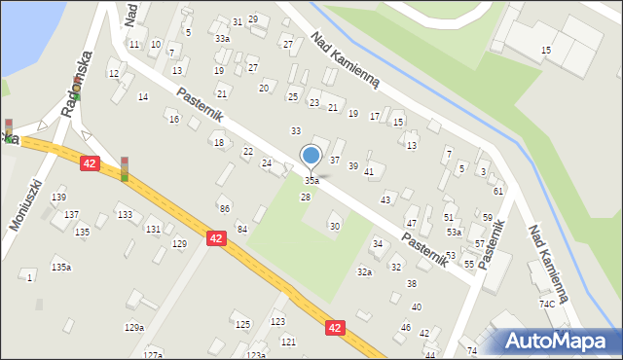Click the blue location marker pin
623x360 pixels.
pyautogui.click(x=311, y=156)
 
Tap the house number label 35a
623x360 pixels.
pyautogui.click(x=311, y=181)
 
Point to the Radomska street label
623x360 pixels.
pyautogui.click(x=75, y=89)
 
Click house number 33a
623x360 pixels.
pyautogui.click(x=223, y=38)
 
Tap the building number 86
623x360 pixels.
pyautogui.click(x=224, y=209)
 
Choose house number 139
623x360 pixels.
pyautogui.click(x=58, y=198)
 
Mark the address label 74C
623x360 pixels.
pyautogui.click(x=547, y=304)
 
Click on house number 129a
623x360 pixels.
pyautogui.click(x=134, y=328)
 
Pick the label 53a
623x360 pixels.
pyautogui.click(x=454, y=232)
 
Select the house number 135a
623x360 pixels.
pyautogui.click(x=61, y=267)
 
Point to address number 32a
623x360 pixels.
pyautogui.click(x=364, y=272)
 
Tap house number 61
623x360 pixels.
pyautogui.click(x=497, y=192)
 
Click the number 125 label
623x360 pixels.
pyautogui.click(x=242, y=324)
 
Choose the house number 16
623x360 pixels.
pyautogui.click(x=173, y=119)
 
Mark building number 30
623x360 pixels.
pyautogui.click(x=335, y=226)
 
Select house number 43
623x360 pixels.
pyautogui.click(x=385, y=199)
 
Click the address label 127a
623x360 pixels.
pyautogui.click(x=152, y=355)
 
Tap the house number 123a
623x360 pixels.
pyautogui.click(x=255, y=355)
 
